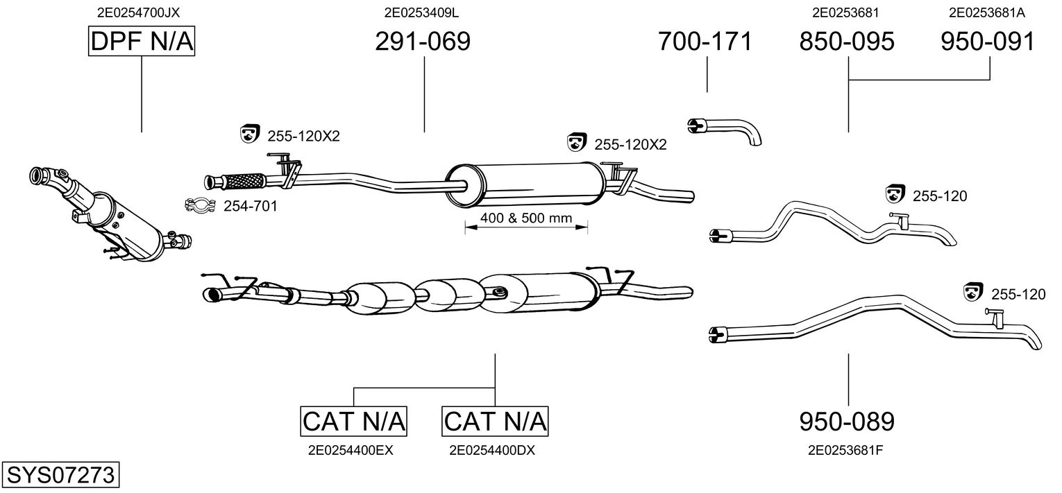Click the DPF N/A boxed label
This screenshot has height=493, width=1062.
142,42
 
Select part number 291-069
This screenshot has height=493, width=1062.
423,42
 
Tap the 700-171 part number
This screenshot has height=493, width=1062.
705,42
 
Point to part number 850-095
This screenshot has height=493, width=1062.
847,42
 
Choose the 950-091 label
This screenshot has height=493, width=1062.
988,42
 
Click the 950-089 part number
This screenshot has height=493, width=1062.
847,421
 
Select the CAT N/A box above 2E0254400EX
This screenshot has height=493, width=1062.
353,421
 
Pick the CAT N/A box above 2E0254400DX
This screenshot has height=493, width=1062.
495,421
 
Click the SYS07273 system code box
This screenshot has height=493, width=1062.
60,476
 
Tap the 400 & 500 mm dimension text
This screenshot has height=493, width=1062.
526,218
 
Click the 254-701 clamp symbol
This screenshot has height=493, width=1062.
199,205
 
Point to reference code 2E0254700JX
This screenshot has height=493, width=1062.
142,12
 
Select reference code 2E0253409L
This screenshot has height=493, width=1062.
422,12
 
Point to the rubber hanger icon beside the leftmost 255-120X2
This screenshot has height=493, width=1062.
249,135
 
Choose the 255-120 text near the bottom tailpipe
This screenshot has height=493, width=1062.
1018,295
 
